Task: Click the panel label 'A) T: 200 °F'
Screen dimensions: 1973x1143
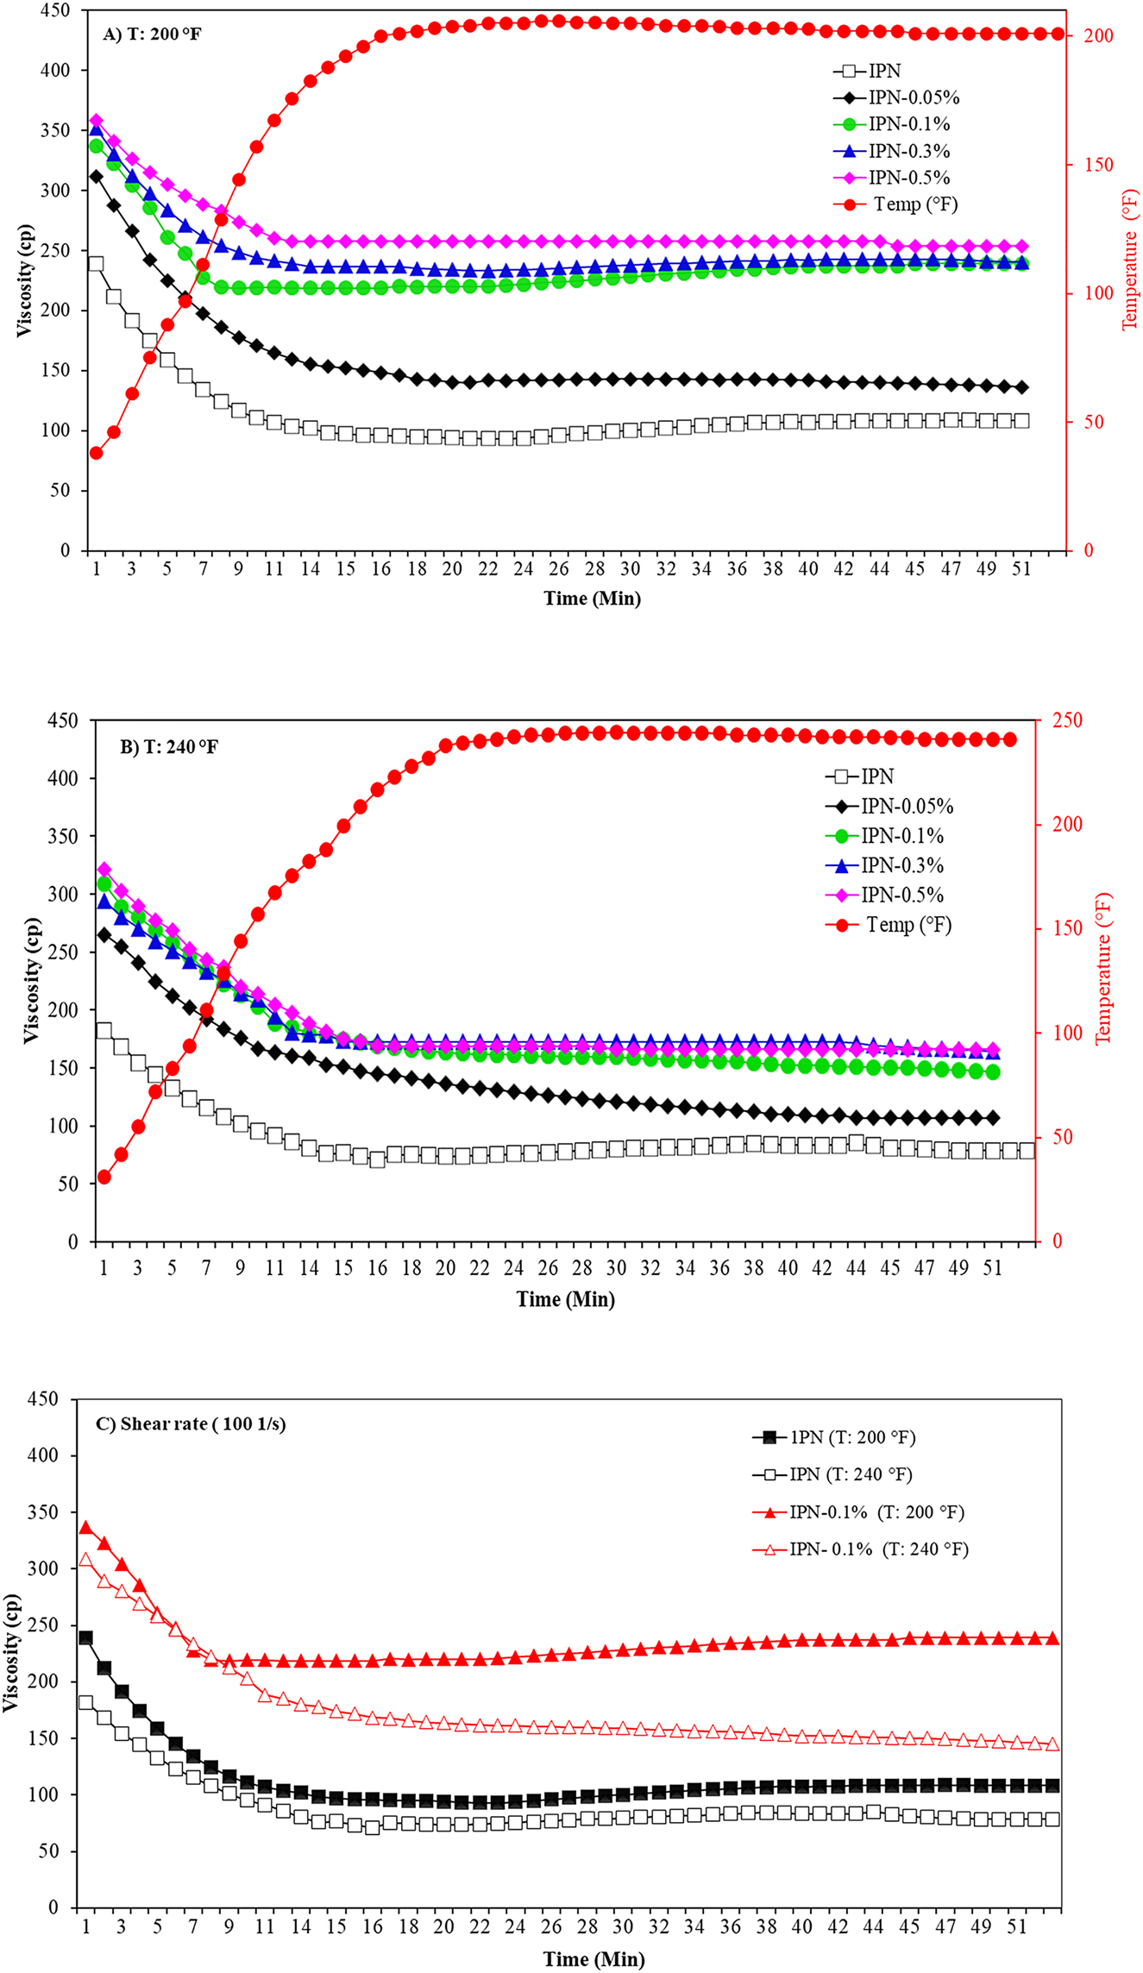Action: (152, 35)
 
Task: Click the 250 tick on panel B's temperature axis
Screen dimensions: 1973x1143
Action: (1047, 719)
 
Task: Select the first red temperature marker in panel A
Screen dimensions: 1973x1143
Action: (96, 453)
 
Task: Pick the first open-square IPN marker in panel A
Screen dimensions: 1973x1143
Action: (96, 264)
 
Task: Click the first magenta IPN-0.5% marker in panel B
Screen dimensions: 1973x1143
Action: (104, 869)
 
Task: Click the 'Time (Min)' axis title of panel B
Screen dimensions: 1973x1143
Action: (565, 1299)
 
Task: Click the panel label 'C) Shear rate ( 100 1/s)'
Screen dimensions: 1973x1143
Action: (191, 1423)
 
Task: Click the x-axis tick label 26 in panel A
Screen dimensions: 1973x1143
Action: (559, 569)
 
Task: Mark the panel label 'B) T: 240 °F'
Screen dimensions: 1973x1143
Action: (169, 746)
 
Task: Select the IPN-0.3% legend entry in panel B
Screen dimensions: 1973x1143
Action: (901, 866)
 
